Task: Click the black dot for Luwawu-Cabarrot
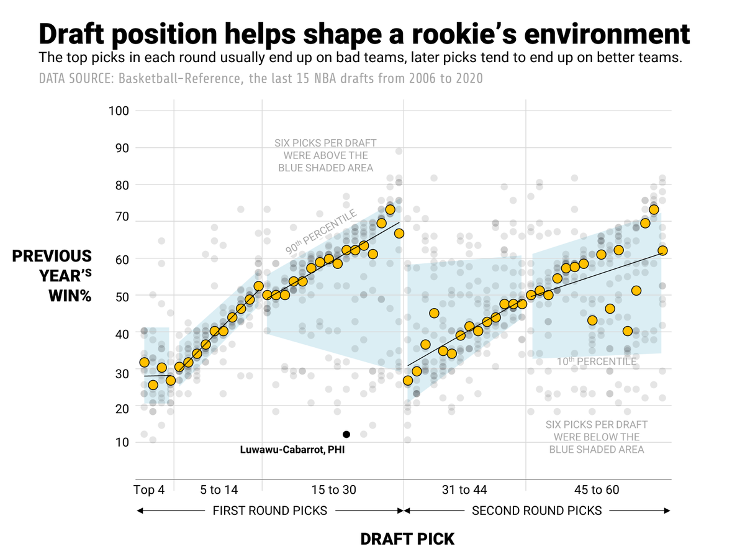coord(346,434)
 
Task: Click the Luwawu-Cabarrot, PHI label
coord(291,450)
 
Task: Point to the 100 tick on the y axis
coord(119,111)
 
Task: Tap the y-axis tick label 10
coord(122,443)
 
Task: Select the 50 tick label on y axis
coord(122,296)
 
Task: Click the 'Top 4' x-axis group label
coord(149,490)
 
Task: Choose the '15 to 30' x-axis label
coord(333,490)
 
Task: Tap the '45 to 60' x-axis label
coord(597,490)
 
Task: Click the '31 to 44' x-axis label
coord(464,490)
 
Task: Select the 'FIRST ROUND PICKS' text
coord(269,511)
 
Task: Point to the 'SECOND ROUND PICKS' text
coord(536,511)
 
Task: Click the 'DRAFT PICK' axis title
coord(407,539)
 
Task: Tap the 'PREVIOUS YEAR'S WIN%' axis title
coord(52,276)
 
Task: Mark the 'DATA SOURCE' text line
coord(261,79)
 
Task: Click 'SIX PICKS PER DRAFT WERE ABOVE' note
coord(325,155)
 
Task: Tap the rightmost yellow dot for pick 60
coord(662,250)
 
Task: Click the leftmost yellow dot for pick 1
coord(144,362)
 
